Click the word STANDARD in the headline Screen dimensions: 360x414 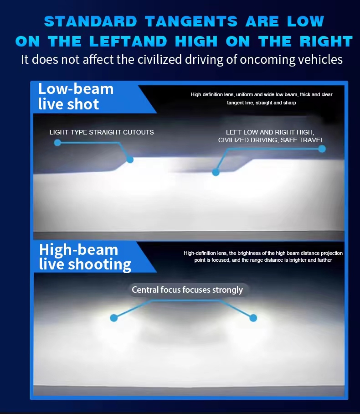pos(91,21)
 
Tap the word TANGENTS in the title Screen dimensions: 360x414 pos(191,21)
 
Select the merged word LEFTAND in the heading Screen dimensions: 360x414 pos(128,41)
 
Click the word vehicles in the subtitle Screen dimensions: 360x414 pos(320,59)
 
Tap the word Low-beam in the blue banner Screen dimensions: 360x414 pos(76,89)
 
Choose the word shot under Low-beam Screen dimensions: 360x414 pos(83,104)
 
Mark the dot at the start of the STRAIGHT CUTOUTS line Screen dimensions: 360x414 pos(57,143)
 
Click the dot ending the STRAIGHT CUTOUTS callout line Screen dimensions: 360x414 pos(130,160)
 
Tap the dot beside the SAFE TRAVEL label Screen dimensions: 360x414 pos(322,149)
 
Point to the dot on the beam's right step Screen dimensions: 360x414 pos(216,172)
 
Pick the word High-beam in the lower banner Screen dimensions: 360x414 pos(79,250)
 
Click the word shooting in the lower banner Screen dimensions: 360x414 pos(99,265)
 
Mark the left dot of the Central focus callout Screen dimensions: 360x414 pos(114,318)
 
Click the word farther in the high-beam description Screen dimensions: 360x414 pos(324,260)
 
